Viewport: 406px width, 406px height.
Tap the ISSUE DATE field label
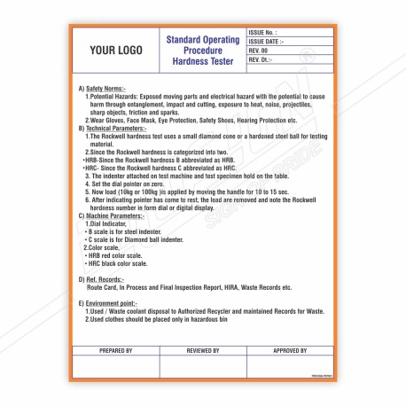[x=269, y=42]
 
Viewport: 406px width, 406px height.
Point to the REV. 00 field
[x=262, y=51]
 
